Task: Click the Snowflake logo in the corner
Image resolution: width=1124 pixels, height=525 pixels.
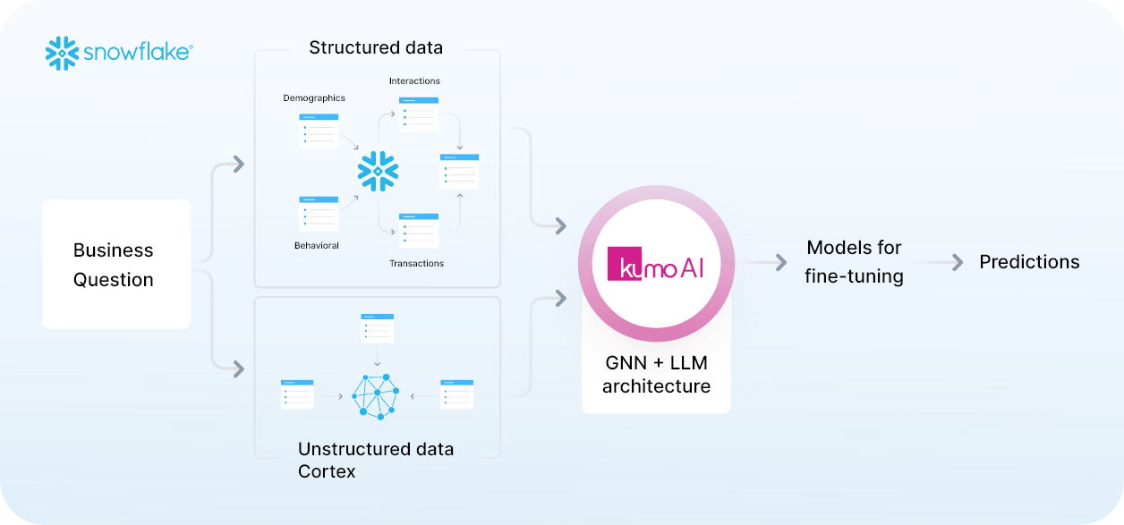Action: (118, 54)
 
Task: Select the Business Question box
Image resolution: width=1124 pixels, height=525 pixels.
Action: (116, 265)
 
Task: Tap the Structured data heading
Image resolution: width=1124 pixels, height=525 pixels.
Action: (376, 47)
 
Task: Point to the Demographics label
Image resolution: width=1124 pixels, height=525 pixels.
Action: (314, 97)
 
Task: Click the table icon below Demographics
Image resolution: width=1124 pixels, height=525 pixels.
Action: (319, 131)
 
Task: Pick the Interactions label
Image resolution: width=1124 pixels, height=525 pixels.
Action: (414, 81)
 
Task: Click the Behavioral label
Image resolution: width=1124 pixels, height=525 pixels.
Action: (317, 245)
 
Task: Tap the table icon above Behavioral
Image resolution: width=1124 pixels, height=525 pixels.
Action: (319, 213)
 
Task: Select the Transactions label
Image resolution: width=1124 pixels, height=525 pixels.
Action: (416, 263)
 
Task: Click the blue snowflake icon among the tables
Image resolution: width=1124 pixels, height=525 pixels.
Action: (378, 171)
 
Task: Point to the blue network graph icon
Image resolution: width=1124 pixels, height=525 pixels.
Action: (377, 396)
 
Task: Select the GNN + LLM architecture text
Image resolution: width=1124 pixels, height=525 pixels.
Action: (656, 375)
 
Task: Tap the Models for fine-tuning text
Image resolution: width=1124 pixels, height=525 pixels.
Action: (854, 262)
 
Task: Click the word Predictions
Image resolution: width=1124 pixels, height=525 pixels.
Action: (1029, 262)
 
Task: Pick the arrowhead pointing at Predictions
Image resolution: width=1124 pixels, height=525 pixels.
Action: (958, 262)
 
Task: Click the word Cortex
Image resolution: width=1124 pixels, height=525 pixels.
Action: (327, 471)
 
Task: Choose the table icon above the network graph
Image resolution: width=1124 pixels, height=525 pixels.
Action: (377, 328)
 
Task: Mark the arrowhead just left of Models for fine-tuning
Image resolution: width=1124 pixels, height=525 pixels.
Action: (781, 262)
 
